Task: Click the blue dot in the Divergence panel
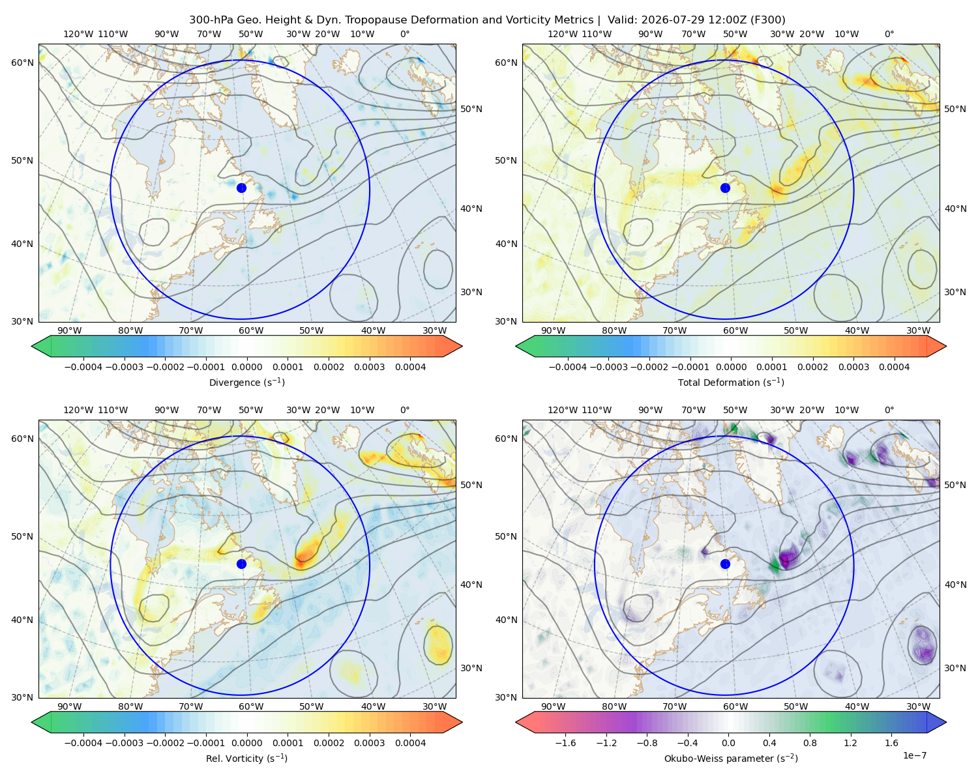pyautogui.click(x=241, y=188)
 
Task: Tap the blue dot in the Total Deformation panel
pyautogui.click(x=725, y=188)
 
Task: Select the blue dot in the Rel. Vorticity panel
pyautogui.click(x=241, y=564)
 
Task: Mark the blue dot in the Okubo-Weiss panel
pyautogui.click(x=725, y=564)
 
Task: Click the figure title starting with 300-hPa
pyautogui.click(x=487, y=20)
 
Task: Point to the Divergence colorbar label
pyautogui.click(x=246, y=382)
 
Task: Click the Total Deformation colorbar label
pyautogui.click(x=731, y=382)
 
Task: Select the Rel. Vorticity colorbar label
pyautogui.click(x=246, y=758)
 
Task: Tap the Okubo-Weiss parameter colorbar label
pyautogui.click(x=731, y=758)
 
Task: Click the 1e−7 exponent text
pyautogui.click(x=914, y=755)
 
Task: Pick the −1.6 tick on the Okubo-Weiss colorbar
pyautogui.click(x=565, y=742)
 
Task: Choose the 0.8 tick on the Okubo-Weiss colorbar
pyautogui.click(x=810, y=742)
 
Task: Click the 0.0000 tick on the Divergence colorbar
pyautogui.click(x=246, y=367)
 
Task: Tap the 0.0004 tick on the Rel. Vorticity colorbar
pyautogui.click(x=410, y=742)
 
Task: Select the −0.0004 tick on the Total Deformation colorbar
pyautogui.click(x=568, y=367)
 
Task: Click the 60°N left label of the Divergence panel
pyautogui.click(x=22, y=63)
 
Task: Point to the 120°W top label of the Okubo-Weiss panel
pyautogui.click(x=562, y=409)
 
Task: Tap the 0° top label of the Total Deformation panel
pyautogui.click(x=889, y=34)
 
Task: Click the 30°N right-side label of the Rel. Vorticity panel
pyautogui.click(x=471, y=667)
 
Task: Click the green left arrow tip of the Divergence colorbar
pyautogui.click(x=32, y=346)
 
